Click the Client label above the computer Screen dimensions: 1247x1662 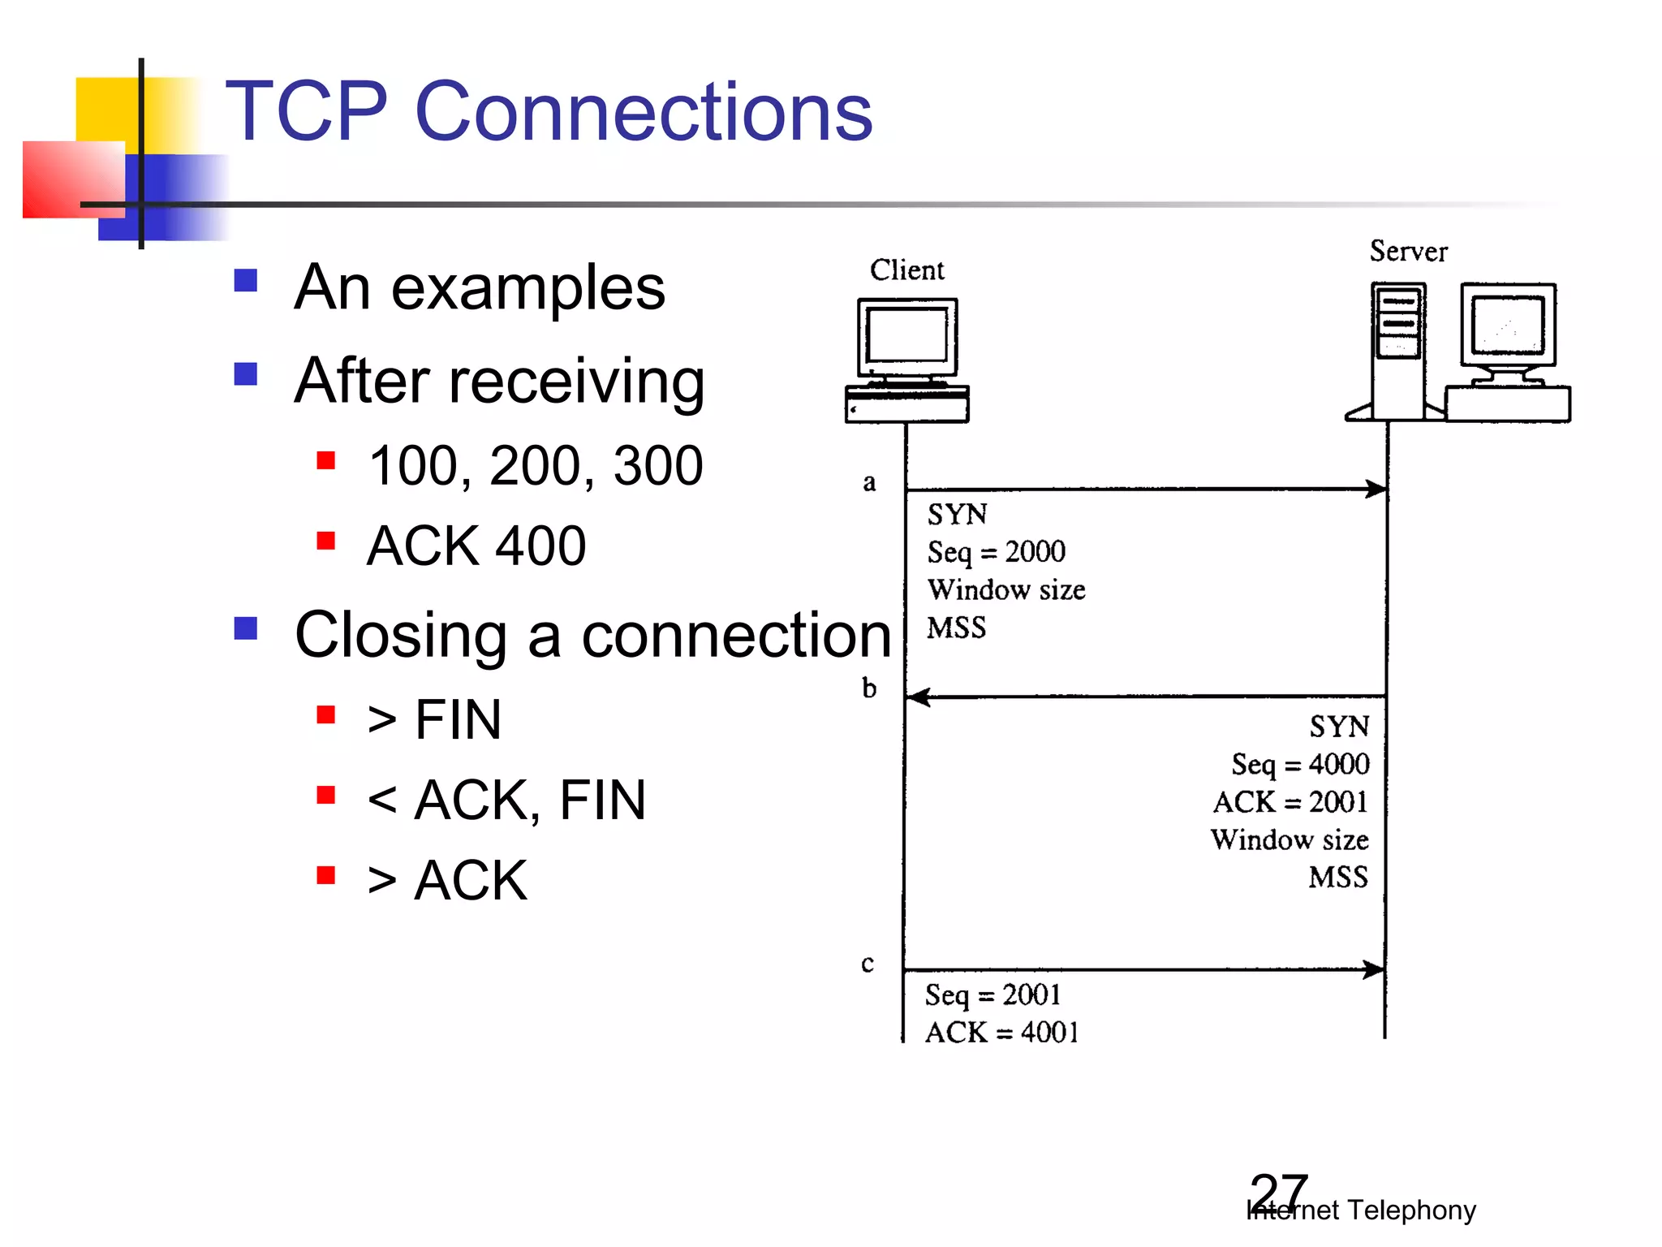click(906, 270)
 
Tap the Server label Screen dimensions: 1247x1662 click(1408, 252)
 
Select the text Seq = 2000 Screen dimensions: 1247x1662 click(996, 552)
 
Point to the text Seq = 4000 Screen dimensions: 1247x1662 click(1299, 764)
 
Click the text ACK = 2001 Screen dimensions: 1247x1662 click(1290, 802)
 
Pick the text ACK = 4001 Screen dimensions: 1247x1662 click(1001, 1033)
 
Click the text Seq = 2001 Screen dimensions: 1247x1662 click(992, 995)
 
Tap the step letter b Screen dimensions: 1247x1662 click(869, 688)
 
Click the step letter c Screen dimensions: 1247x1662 click(868, 964)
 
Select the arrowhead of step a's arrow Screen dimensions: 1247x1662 click(1376, 489)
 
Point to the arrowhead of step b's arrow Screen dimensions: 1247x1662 click(918, 697)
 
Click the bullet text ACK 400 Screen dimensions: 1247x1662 click(476, 546)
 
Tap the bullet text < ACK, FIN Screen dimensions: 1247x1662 click(506, 800)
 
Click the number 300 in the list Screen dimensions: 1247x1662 click(658, 466)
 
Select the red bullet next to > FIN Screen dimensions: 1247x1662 click(326, 714)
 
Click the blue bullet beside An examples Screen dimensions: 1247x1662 click(246, 281)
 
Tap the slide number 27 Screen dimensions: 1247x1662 click(1279, 1192)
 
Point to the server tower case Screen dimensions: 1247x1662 click(1398, 351)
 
